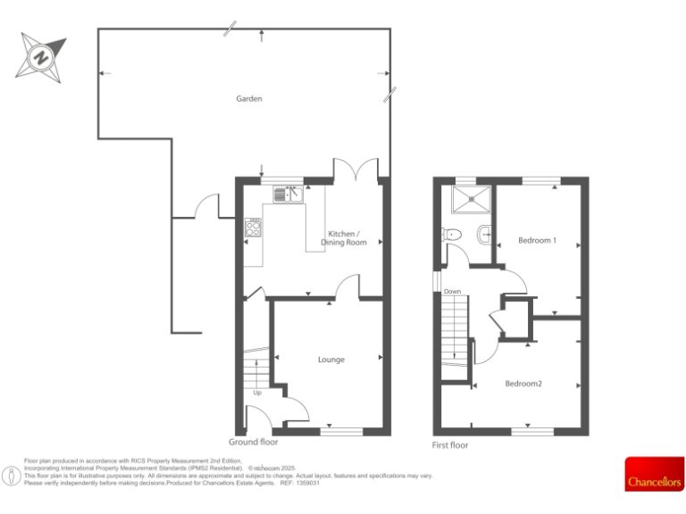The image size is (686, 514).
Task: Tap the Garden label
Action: pyautogui.click(x=249, y=99)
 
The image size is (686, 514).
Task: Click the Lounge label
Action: pyautogui.click(x=331, y=360)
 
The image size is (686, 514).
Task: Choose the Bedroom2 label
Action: pyautogui.click(x=523, y=384)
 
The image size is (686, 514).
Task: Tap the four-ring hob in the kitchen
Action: pyautogui.click(x=253, y=228)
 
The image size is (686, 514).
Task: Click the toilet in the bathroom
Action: pyautogui.click(x=450, y=236)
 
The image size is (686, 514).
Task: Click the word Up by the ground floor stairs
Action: pyautogui.click(x=257, y=393)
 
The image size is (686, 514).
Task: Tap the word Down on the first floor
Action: pyautogui.click(x=453, y=292)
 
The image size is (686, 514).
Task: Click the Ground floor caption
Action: pyautogui.click(x=255, y=442)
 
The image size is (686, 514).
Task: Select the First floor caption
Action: pyautogui.click(x=449, y=444)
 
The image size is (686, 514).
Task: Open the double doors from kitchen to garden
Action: pyautogui.click(x=356, y=170)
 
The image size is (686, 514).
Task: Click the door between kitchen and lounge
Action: pyautogui.click(x=347, y=286)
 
